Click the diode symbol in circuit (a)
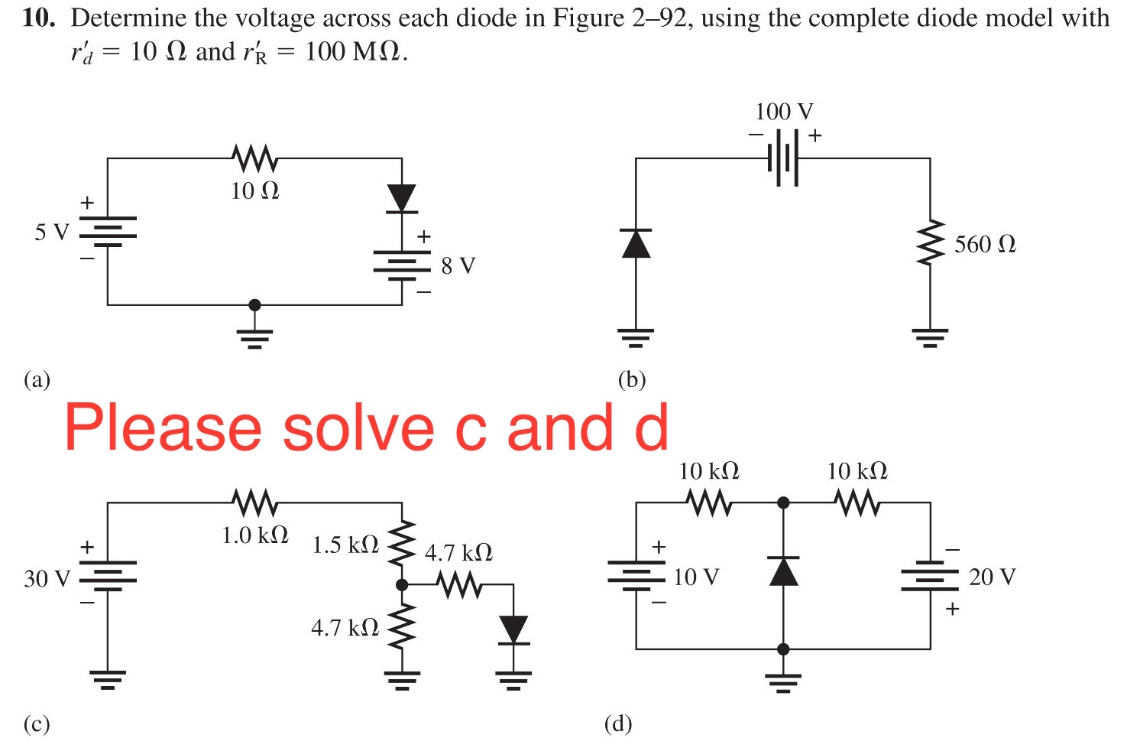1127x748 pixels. tap(402, 198)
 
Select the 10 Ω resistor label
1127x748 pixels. tap(255, 190)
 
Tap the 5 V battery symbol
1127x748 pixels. tap(108, 232)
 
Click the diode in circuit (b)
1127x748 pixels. tap(636, 243)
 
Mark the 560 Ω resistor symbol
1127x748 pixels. tap(930, 244)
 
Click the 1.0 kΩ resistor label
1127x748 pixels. tap(255, 535)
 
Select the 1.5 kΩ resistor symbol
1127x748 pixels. tap(402, 544)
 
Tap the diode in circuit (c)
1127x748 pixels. tap(513, 629)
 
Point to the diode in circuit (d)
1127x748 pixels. tap(783, 571)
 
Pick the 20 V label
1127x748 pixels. tap(992, 577)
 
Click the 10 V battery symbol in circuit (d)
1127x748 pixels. tap(636, 575)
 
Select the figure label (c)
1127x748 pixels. tap(37, 724)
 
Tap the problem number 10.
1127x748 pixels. tap(38, 18)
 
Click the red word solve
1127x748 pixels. tap(358, 428)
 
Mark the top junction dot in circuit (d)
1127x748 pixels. tap(783, 502)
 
